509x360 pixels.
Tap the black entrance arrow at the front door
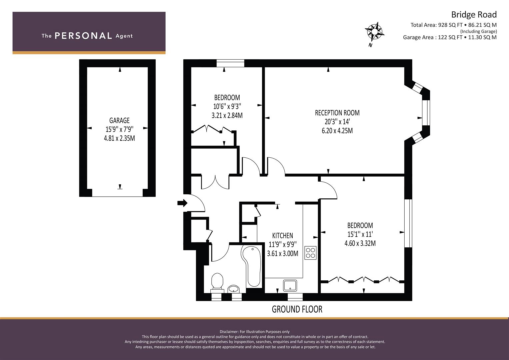point(182,203)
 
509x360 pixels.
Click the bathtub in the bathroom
point(252,266)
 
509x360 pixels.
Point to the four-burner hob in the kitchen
point(310,253)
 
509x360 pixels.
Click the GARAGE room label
point(119,120)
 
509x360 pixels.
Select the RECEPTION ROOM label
point(337,113)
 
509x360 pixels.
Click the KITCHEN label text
point(282,235)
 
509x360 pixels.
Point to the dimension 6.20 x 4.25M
point(337,131)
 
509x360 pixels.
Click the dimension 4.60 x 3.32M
point(360,243)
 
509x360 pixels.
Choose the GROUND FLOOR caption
point(297,309)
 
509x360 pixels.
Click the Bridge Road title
point(474,15)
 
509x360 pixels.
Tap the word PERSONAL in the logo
point(83,36)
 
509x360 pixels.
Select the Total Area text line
point(453,25)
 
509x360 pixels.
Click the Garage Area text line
point(450,37)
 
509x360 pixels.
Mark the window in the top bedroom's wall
point(230,63)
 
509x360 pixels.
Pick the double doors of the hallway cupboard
point(215,182)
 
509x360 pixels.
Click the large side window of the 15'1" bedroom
point(408,223)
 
